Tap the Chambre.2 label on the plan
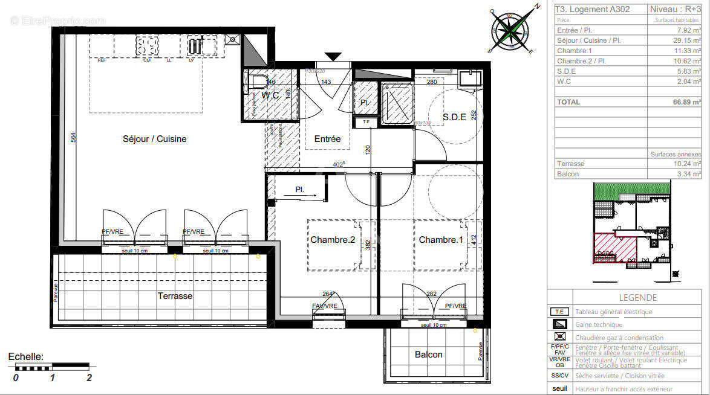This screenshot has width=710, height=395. tap(333, 240)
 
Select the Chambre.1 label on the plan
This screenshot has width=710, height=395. tap(441, 240)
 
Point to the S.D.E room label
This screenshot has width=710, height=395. tap(454, 117)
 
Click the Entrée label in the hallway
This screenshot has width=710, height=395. tap(327, 139)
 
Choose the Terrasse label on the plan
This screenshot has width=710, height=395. tap(175, 296)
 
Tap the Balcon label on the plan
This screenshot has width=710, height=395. tap(428, 355)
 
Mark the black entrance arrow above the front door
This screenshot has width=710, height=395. tap(333, 57)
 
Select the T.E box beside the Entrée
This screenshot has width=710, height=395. tap(365, 123)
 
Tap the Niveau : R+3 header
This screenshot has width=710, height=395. tap(674, 9)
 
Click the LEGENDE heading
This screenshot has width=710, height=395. tap(637, 298)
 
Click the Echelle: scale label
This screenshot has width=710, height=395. tap(25, 357)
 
